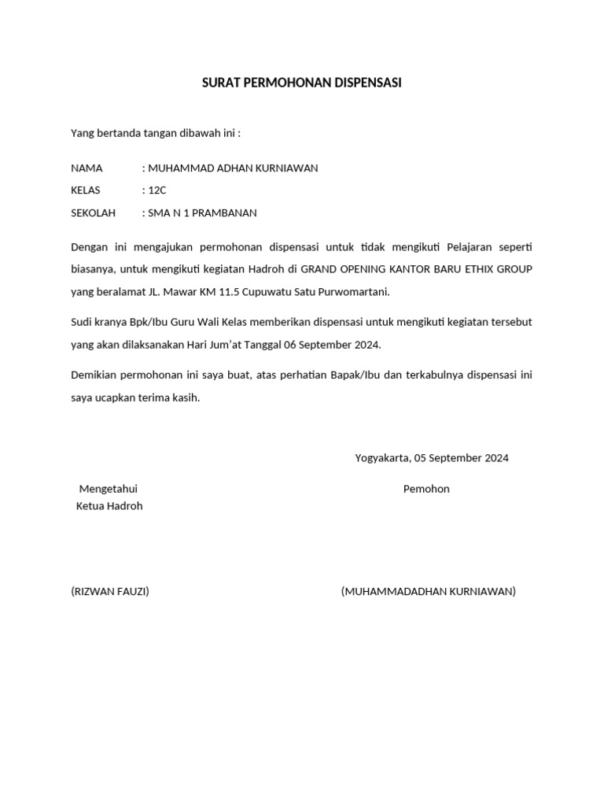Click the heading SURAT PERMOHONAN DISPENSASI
(x=302, y=83)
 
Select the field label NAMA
(x=87, y=168)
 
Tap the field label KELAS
(x=86, y=190)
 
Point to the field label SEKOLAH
(x=93, y=213)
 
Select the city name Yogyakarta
(x=382, y=458)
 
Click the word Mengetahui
(x=109, y=489)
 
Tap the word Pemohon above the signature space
(x=426, y=489)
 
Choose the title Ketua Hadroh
(x=109, y=506)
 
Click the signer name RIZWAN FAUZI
(x=110, y=591)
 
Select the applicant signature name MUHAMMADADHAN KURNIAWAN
(x=429, y=591)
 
